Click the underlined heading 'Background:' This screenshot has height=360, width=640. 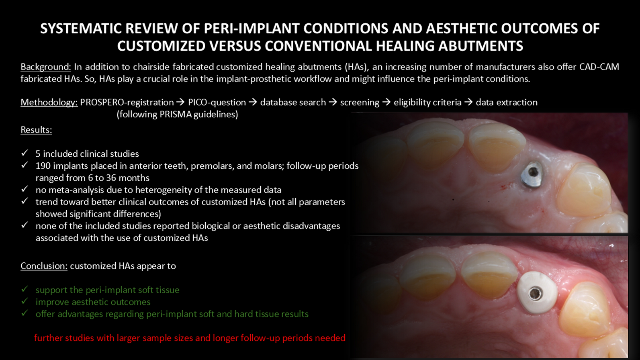[x=46, y=67]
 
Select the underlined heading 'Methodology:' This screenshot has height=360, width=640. [x=49, y=102]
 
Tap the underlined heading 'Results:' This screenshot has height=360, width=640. [x=36, y=130]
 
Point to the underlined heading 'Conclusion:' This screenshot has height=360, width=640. [x=44, y=266]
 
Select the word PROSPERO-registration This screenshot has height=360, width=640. [x=127, y=102]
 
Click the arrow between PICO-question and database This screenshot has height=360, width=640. [x=253, y=102]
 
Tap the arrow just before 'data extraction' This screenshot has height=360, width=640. [x=468, y=102]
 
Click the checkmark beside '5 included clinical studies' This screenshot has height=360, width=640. [x=25, y=153]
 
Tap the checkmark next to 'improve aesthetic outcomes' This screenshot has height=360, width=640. [x=25, y=301]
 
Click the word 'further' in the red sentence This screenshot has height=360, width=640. [x=48, y=338]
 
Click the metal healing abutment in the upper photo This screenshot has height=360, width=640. [x=532, y=175]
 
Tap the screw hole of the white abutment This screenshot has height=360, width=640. [x=534, y=293]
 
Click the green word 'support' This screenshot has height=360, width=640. [x=52, y=290]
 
